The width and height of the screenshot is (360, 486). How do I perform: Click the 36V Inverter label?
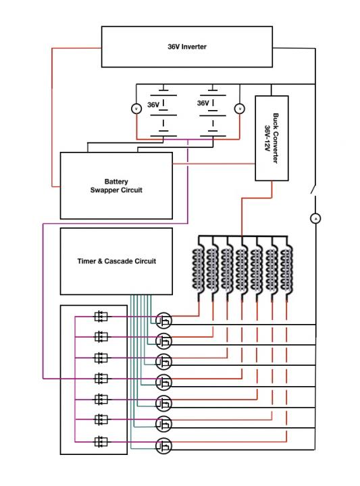pos(186,47)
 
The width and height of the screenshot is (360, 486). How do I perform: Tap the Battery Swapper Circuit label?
pos(116,186)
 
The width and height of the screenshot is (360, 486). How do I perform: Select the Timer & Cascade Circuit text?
pos(117,261)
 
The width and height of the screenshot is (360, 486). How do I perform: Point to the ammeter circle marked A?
pos(315,219)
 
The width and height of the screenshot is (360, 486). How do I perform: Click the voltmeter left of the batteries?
pos(136,109)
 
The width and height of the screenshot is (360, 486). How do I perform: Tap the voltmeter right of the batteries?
pos(239,109)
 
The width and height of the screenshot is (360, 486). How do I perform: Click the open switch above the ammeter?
pos(313,190)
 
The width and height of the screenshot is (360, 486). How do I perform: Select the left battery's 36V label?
pos(153,105)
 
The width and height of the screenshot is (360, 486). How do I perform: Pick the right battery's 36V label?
pos(203,103)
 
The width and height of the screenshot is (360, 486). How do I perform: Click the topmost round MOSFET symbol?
pos(163,321)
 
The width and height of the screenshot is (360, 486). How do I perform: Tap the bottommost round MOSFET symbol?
pos(163,446)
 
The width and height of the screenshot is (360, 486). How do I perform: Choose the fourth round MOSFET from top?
pos(163,382)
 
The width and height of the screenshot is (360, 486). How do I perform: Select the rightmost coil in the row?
pos(286,269)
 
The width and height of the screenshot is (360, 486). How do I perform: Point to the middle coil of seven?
pos(242,269)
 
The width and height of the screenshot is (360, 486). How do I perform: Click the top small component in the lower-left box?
pos(101,317)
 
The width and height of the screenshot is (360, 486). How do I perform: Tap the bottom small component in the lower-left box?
pos(101,441)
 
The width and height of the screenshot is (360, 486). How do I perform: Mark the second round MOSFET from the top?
pos(163,341)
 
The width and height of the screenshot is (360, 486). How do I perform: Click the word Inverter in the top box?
pos(194,47)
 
